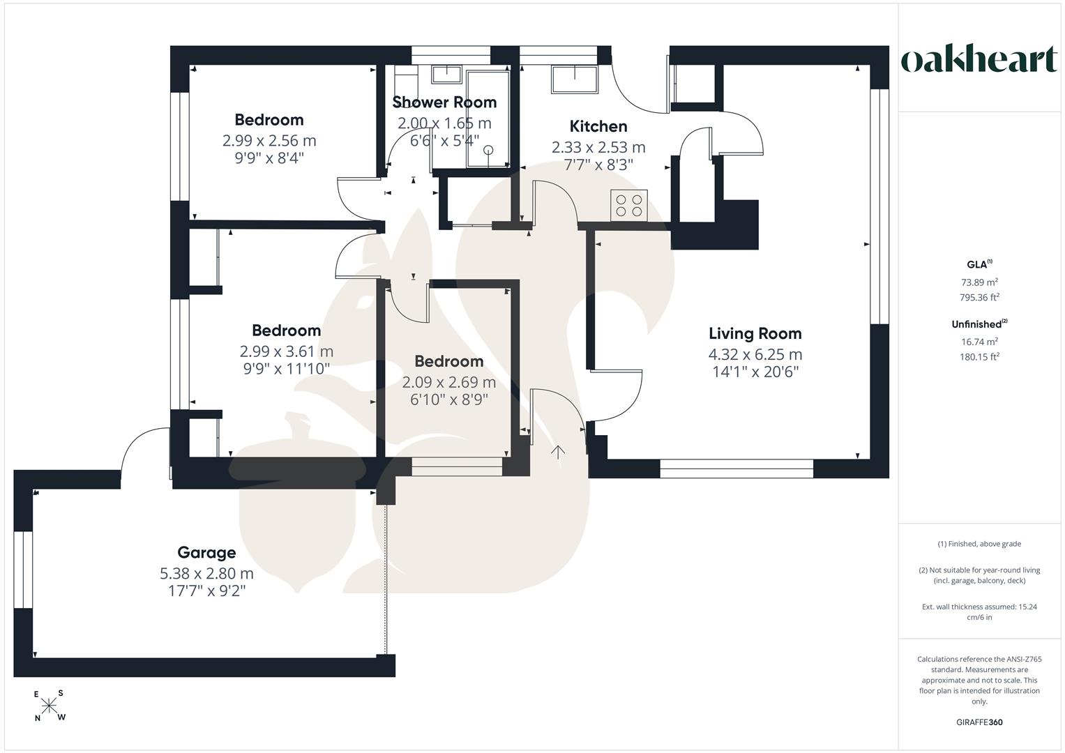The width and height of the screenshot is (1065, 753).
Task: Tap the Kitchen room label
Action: (598, 126)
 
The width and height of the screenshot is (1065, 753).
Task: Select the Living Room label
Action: (755, 334)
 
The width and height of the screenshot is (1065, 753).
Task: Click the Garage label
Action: (206, 552)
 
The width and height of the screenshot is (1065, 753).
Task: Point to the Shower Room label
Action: (444, 102)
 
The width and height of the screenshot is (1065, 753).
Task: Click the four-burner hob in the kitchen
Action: (628, 206)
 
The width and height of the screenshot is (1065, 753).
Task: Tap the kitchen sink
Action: (574, 79)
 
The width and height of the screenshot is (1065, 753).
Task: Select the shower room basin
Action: (446, 74)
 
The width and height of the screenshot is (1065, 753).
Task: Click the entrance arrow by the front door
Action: (557, 452)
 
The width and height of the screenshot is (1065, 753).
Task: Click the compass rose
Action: (49, 706)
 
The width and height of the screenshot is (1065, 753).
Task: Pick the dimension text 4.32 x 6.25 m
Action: (755, 355)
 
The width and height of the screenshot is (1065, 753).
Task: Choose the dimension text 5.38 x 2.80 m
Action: (206, 574)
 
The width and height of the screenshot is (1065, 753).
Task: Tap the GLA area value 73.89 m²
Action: (979, 282)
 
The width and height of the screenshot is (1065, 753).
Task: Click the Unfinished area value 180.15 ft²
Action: (979, 357)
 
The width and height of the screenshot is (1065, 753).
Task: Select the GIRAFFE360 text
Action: (979, 722)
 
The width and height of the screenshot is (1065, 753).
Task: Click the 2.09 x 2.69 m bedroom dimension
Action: (449, 382)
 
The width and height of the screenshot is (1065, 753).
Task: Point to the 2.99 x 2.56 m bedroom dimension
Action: (269, 141)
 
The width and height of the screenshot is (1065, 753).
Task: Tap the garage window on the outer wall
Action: (23, 570)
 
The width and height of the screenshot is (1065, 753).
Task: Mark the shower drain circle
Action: (488, 150)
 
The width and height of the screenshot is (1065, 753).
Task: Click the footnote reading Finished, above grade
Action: (979, 544)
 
